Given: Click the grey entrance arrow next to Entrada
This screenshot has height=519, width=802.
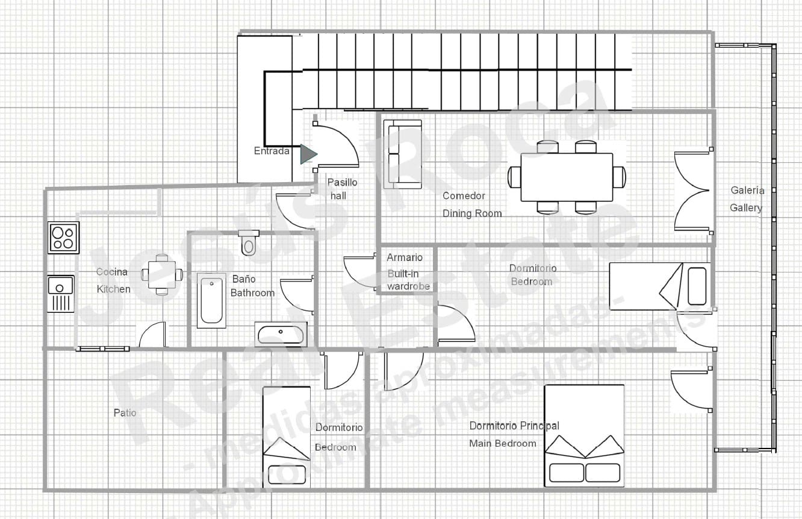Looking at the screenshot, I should pyautogui.click(x=308, y=154).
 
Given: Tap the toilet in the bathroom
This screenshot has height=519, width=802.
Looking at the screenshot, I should pyautogui.click(x=248, y=242).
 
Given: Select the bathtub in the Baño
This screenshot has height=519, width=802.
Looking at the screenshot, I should pyautogui.click(x=211, y=301).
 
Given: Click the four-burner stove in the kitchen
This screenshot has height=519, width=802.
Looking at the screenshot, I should pyautogui.click(x=63, y=237).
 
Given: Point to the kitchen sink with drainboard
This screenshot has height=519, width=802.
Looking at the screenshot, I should pyautogui.click(x=61, y=294).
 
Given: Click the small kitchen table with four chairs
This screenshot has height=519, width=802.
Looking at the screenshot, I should pyautogui.click(x=161, y=274).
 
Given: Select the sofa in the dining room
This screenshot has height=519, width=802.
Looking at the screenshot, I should pyautogui.click(x=403, y=154).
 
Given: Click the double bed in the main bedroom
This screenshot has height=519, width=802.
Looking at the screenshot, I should pyautogui.click(x=584, y=436).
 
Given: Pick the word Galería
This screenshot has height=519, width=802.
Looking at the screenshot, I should pyautogui.click(x=747, y=190).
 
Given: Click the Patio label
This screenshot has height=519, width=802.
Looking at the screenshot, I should pyautogui.click(x=125, y=413).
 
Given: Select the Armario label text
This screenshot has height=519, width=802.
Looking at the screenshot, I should pyautogui.click(x=405, y=257).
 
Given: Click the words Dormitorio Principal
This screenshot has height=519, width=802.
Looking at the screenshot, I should pyautogui.click(x=514, y=426).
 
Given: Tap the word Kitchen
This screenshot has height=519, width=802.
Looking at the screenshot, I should pyautogui.click(x=113, y=289).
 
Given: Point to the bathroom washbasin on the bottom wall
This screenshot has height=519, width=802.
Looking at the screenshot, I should pyautogui.click(x=281, y=333).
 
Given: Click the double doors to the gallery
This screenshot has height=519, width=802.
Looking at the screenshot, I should pyautogui.click(x=692, y=191).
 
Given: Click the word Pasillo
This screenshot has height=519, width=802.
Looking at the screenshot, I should pyautogui.click(x=342, y=182).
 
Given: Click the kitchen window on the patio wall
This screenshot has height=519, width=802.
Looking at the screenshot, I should pyautogui.click(x=102, y=348).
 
